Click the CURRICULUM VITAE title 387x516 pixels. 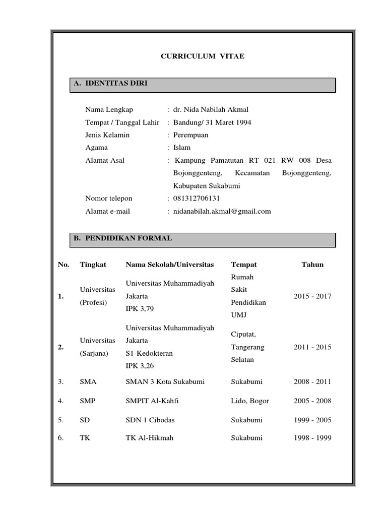coord(202,56)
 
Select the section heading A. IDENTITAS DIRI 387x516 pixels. coord(110,83)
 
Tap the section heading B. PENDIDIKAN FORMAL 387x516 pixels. coord(122,238)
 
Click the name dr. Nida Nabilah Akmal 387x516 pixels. coord(211,109)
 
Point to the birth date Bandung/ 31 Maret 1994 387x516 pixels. coord(212,122)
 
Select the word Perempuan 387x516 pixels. coord(190,135)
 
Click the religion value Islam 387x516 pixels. coord(182,148)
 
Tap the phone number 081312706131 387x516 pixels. coord(197,199)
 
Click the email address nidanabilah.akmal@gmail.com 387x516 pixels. coord(222,211)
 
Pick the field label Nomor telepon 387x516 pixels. coord(109,199)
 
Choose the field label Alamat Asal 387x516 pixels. coord(105,161)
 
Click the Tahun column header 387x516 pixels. coord(312,265)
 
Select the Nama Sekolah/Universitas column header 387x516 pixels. coord(170,265)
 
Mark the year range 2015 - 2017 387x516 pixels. coord(312,296)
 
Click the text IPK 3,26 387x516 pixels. coord(140,366)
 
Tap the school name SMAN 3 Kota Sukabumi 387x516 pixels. coord(165,382)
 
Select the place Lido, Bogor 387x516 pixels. coord(250,401)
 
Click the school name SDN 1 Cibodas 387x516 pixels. coord(151,420)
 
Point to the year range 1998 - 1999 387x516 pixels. coord(312,438)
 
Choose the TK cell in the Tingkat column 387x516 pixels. coord(85,438)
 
